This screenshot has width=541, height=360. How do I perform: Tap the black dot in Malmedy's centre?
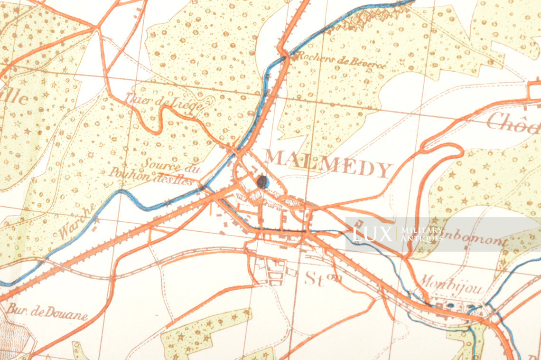pos(261,181)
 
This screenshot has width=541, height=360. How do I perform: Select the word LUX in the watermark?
pos(372,234)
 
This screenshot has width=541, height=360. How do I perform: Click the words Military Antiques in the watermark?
pos(422,234)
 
